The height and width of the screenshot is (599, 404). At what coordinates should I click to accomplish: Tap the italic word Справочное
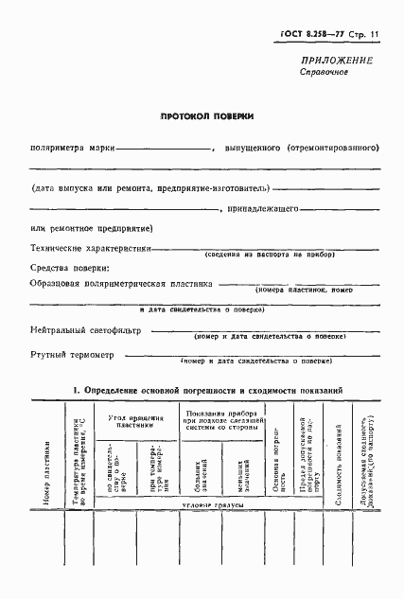325,73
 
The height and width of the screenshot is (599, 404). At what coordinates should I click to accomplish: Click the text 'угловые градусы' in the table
202,507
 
